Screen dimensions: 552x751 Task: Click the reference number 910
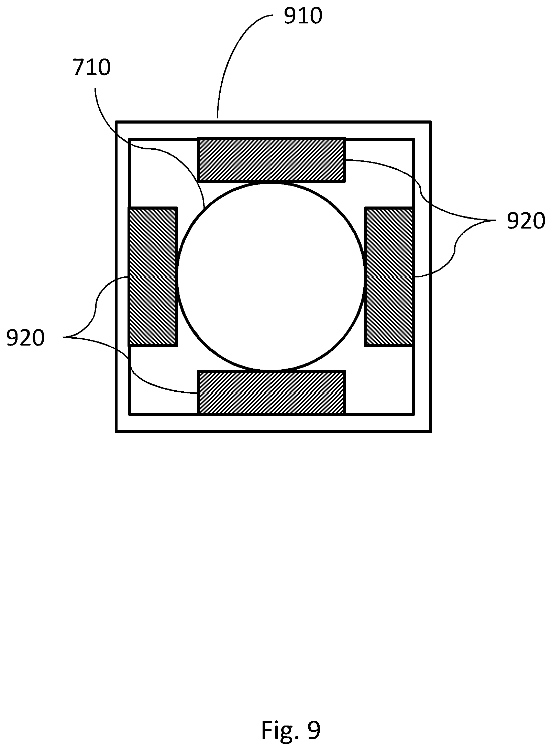pyautogui.click(x=303, y=16)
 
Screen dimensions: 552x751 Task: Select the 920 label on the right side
pyautogui.click(x=526, y=221)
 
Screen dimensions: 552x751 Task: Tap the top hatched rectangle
pyautogui.click(x=272, y=160)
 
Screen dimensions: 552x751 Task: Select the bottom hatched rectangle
pyautogui.click(x=272, y=392)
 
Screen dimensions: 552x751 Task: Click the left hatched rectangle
pyautogui.click(x=153, y=277)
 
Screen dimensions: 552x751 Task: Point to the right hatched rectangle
pyautogui.click(x=389, y=277)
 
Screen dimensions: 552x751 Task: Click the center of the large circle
pyautogui.click(x=271, y=276)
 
